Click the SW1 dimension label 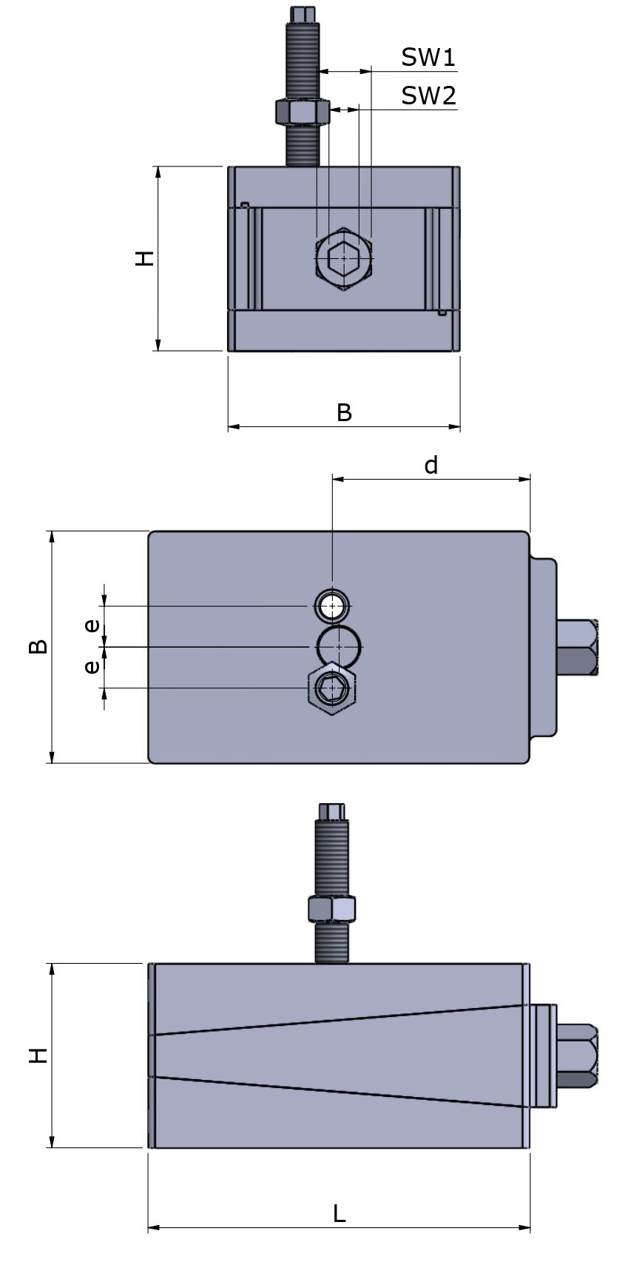[x=428, y=57]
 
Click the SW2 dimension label [x=428, y=95]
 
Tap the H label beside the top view [x=145, y=258]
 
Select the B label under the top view [x=344, y=413]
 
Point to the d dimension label [x=430, y=466]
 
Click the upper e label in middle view [x=92, y=625]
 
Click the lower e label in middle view [x=92, y=667]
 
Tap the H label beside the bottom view [x=38, y=1055]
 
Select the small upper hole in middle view [x=333, y=605]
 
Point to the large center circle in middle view [x=339, y=647]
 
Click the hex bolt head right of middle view [x=577, y=647]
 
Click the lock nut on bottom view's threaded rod [x=331, y=909]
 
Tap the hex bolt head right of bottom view [x=578, y=1055]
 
